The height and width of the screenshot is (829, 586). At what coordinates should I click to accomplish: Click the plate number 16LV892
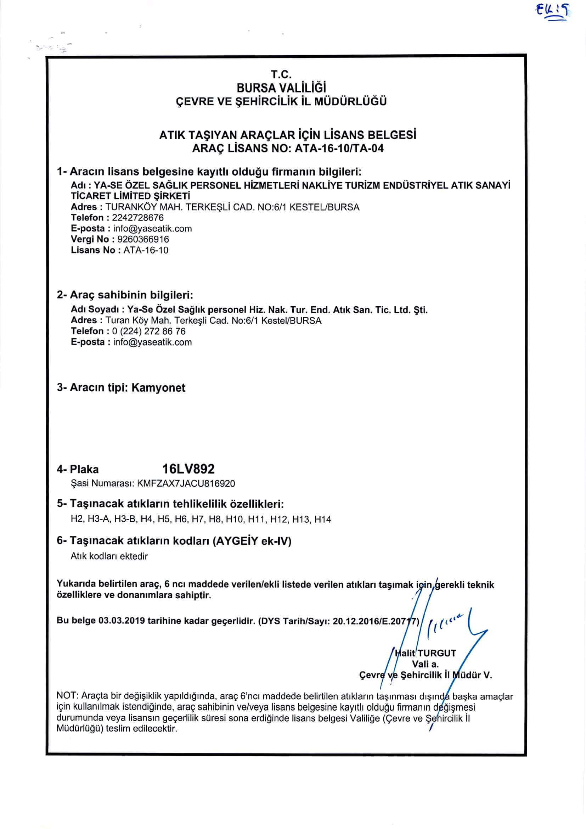188,469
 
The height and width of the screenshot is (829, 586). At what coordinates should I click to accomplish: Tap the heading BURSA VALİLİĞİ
281,88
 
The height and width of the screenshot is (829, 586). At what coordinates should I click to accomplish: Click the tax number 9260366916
143,239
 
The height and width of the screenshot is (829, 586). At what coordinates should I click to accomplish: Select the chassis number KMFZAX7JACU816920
186,483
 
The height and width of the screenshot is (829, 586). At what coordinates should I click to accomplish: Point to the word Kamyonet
158,388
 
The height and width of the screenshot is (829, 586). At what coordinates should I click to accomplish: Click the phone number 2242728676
137,218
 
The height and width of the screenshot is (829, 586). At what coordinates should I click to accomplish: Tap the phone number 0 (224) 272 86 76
149,331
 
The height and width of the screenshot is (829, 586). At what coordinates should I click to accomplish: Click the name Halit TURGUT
426,653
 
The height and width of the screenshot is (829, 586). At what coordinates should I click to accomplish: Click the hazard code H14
323,519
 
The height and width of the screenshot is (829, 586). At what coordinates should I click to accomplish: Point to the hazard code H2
77,519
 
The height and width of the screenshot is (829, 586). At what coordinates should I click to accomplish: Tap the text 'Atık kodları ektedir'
109,556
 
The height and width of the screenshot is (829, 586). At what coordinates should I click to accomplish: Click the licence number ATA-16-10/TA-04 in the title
339,149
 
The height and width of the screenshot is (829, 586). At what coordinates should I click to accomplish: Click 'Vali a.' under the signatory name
426,664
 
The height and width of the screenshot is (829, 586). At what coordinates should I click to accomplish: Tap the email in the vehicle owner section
152,342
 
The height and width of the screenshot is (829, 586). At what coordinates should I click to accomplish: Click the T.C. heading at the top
281,74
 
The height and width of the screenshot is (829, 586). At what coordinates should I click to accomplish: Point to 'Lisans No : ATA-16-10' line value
146,250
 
